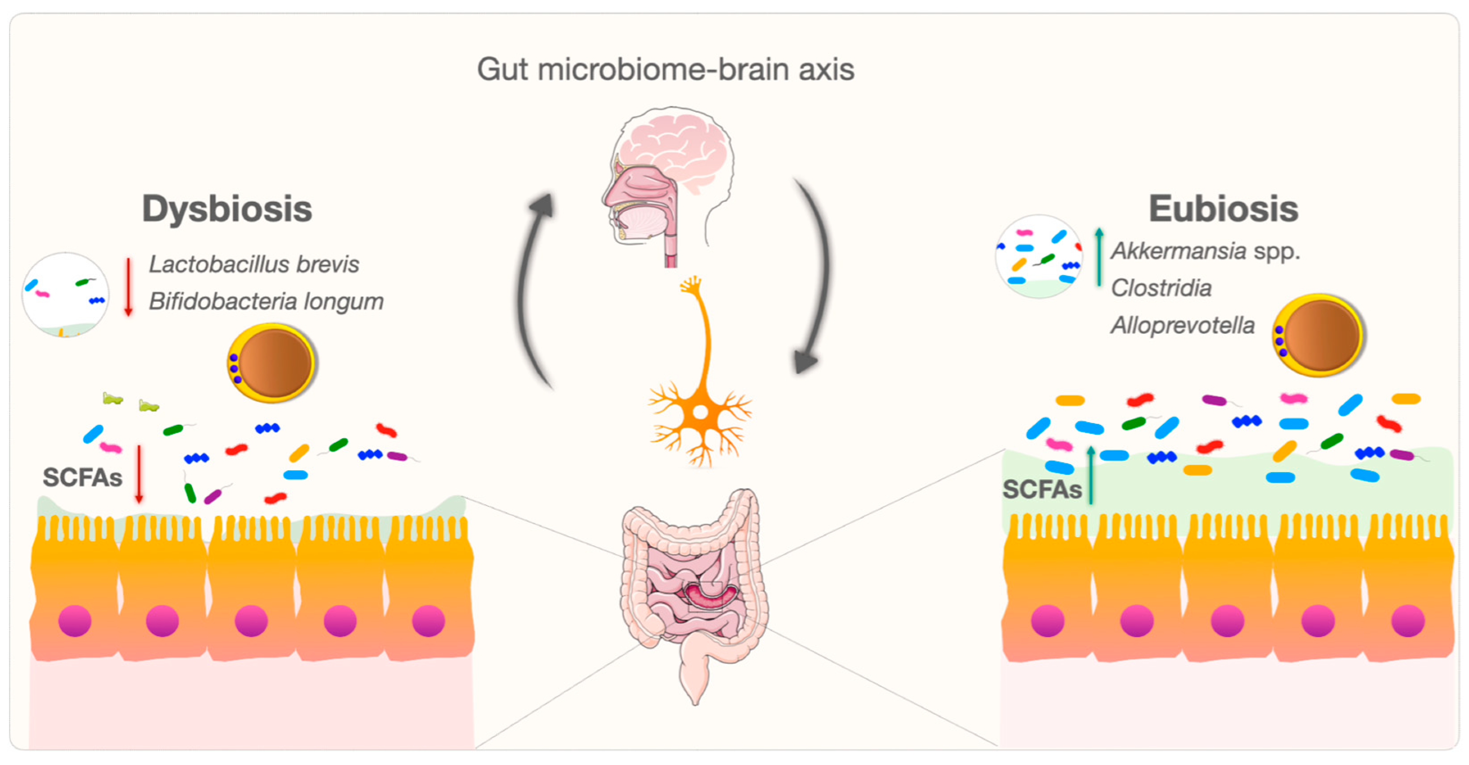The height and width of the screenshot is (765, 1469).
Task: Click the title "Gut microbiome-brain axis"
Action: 665,70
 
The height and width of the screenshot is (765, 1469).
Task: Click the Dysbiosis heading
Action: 227,209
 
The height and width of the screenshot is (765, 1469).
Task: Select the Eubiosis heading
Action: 1223,209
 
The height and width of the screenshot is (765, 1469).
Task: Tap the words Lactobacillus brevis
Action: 254,264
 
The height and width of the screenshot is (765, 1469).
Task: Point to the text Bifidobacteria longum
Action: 266,301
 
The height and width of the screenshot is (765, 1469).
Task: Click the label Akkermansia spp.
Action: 1205,251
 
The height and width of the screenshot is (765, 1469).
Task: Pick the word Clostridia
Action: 1161,288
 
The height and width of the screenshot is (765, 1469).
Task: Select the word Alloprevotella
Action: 1182,325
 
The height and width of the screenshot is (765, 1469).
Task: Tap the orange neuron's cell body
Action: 700,411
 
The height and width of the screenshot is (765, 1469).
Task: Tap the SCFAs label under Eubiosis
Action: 1041,489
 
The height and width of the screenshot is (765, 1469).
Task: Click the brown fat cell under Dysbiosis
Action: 272,362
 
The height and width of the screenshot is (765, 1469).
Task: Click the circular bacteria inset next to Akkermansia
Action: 1039,256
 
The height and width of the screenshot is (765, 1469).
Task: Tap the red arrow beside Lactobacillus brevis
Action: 128,287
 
